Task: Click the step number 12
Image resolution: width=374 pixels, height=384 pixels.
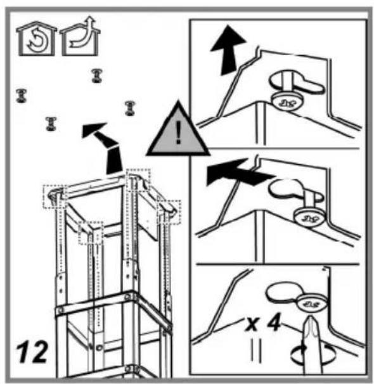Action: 32,352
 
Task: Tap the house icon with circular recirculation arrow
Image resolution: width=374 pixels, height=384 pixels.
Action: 37,39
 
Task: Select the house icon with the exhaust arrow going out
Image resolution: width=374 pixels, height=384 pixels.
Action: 81,36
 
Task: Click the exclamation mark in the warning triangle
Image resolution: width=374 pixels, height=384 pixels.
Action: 178,133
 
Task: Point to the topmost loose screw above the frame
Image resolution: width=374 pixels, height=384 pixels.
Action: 96,75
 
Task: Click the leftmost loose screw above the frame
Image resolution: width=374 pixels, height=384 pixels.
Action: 21,96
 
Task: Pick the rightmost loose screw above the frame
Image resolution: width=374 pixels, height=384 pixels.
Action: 130,108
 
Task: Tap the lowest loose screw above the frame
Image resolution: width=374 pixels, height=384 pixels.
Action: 51,124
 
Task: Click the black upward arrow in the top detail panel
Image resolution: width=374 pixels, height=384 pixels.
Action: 228,50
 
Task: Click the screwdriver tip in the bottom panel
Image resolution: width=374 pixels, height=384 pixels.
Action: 311,318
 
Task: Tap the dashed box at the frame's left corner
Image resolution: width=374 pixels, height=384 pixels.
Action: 55,197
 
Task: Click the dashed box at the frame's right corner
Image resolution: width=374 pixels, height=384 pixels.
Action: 169,212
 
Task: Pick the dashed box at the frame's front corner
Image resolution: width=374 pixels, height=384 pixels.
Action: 91,233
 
